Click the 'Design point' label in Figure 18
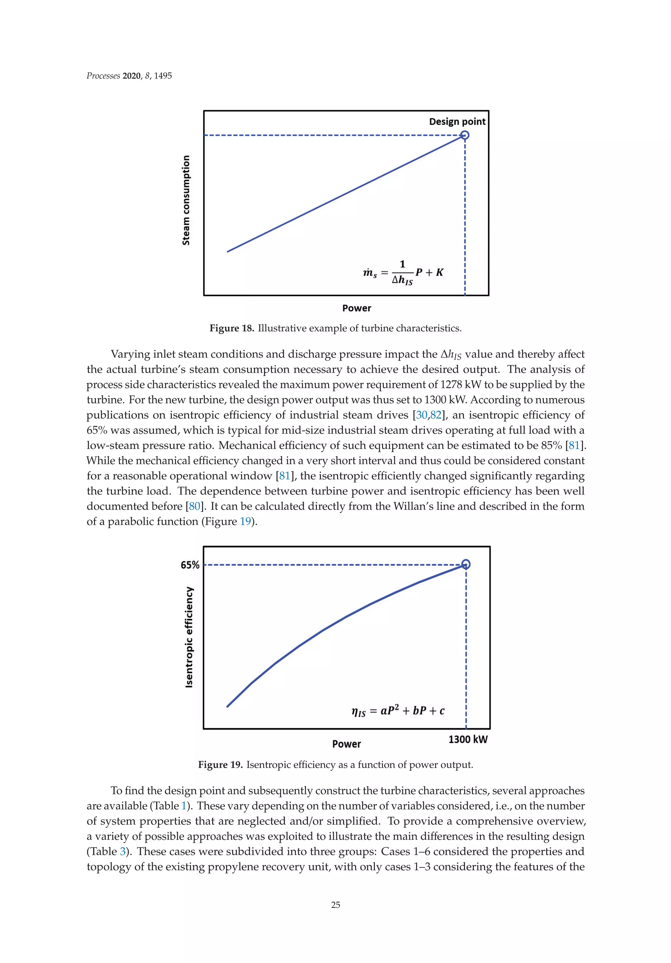pyautogui.click(x=457, y=122)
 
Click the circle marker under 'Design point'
pyautogui.click(x=465, y=135)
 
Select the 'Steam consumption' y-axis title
pyautogui.click(x=186, y=200)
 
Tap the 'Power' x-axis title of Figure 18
pyautogui.click(x=356, y=308)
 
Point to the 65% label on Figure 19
pyautogui.click(x=190, y=565)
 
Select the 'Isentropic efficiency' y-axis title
pyautogui.click(x=189, y=637)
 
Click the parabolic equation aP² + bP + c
pyautogui.click(x=397, y=710)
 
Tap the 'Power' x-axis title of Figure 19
pyautogui.click(x=346, y=744)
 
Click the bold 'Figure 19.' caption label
pyautogui.click(x=220, y=765)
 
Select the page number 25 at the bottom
pyautogui.click(x=335, y=905)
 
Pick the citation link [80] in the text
pyautogui.click(x=195, y=506)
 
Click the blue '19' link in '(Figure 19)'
pyautogui.click(x=245, y=521)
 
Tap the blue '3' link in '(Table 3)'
pyautogui.click(x=123, y=851)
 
